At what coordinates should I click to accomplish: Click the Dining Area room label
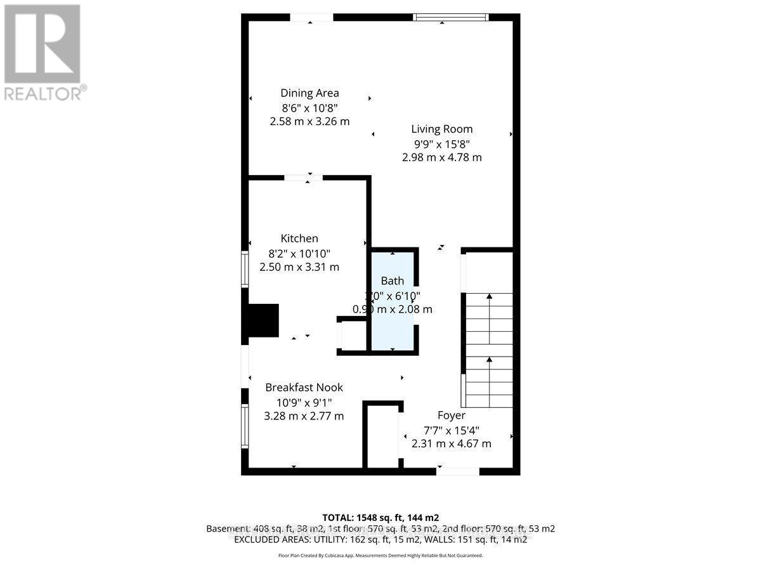coord(309,93)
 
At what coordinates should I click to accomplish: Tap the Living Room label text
coord(441,129)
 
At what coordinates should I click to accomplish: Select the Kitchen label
coord(299,239)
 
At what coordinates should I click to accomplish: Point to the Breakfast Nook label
coord(304,387)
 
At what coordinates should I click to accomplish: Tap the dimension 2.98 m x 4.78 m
coord(441,157)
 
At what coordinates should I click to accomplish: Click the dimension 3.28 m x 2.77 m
coord(304,416)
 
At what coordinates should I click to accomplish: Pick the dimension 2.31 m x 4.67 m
coord(451,443)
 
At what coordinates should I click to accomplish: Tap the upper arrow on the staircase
coord(490,297)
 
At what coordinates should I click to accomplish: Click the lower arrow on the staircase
coord(490,360)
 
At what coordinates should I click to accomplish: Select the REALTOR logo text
coord(43,93)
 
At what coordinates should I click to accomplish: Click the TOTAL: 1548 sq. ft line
coord(380,516)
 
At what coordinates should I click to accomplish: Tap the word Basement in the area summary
coord(228,528)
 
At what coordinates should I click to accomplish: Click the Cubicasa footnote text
coord(380,555)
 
